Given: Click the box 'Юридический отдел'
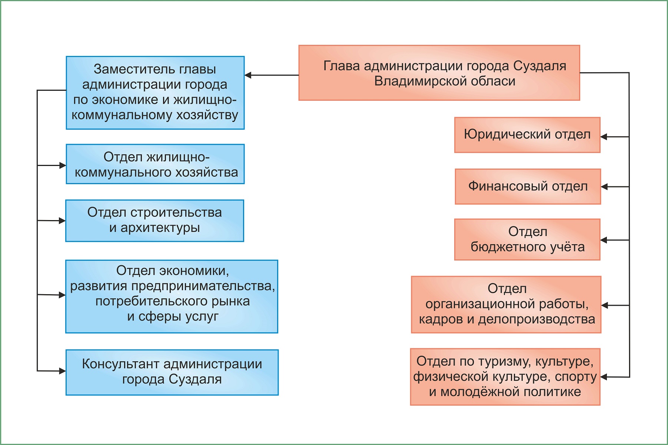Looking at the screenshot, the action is [x=527, y=135].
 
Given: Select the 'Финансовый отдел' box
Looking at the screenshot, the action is [x=528, y=186].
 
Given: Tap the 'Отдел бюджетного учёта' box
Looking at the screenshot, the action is [x=527, y=239].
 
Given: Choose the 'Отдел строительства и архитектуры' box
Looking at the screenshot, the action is [x=154, y=221].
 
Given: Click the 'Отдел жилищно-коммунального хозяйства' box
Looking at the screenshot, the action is [x=155, y=164].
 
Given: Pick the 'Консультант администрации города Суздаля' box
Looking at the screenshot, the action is [x=172, y=372].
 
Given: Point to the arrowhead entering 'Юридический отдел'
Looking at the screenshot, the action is [x=604, y=137].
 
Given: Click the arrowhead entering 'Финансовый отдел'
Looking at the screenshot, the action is [x=604, y=187].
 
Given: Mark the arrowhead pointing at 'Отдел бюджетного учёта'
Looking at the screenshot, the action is [x=604, y=240].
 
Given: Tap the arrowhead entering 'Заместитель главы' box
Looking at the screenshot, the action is [x=248, y=75].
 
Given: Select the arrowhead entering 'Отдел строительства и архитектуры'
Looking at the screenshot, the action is [x=62, y=221].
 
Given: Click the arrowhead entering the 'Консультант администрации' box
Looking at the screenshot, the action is [x=62, y=371].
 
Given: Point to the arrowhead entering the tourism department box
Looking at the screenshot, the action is [x=604, y=377].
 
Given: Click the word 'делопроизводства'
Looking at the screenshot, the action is [x=536, y=319].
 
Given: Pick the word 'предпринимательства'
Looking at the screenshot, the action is [x=203, y=286].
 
